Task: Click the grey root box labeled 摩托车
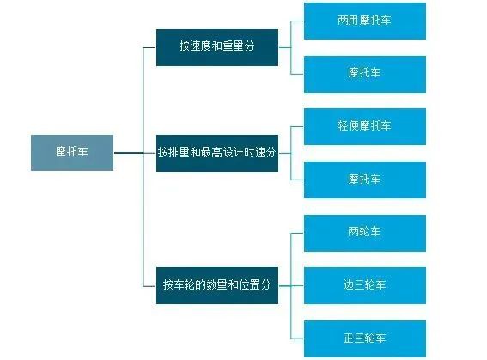72,152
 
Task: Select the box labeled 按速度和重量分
217,47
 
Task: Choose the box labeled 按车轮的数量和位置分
217,284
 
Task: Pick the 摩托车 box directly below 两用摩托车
365,73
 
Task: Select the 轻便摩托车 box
365,126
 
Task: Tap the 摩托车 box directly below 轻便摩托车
365,180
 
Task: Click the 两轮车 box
365,233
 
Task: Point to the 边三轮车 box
365,284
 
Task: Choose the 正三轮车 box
365,339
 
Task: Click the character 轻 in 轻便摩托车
344,126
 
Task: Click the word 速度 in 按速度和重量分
201,47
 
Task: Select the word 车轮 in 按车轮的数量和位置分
185,284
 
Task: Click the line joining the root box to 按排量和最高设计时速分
129,153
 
